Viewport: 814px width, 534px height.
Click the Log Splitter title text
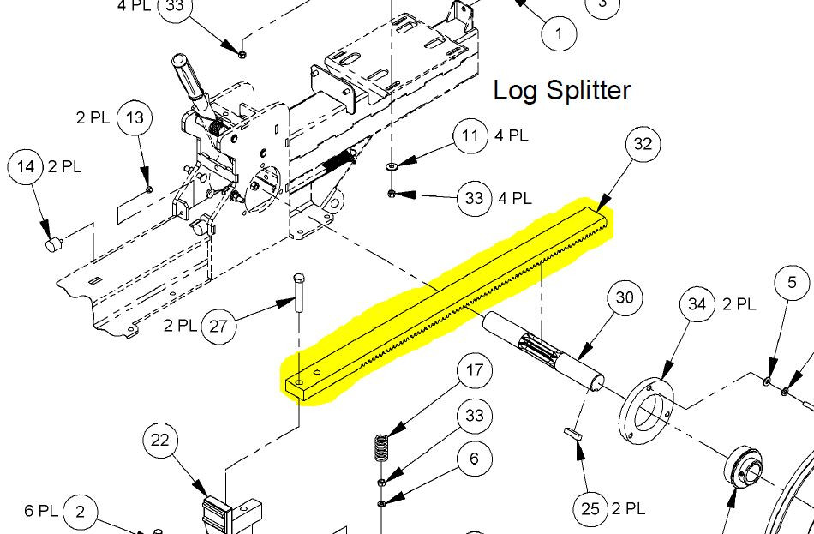[562, 90]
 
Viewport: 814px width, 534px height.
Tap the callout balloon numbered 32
[643, 146]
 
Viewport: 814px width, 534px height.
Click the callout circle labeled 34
[697, 304]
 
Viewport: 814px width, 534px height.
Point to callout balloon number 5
[792, 282]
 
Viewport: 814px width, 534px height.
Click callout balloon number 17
[474, 372]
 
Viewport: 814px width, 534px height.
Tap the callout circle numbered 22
[160, 441]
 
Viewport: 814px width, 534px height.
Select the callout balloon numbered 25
[590, 508]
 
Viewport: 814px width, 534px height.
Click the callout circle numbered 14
[27, 166]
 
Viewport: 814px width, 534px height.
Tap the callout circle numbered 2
[80, 512]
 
